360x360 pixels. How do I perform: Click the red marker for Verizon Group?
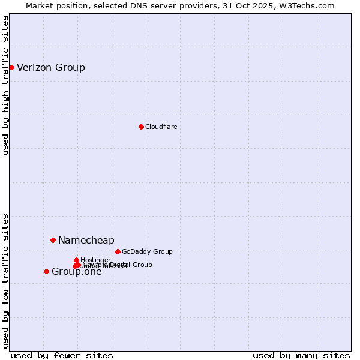[11, 67]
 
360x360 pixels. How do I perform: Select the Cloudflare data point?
[141, 127]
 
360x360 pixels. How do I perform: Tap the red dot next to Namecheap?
[53, 240]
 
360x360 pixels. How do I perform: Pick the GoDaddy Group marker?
[118, 251]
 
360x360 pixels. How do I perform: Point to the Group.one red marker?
[46, 271]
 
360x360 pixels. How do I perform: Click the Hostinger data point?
[76, 260]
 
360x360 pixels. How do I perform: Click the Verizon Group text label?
[51, 67]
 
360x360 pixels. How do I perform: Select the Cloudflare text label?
[161, 127]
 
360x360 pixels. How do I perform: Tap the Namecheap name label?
[86, 240]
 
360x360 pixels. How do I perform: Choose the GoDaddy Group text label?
[147, 251]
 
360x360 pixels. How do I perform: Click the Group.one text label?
[76, 272]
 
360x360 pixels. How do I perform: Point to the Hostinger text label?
[95, 260]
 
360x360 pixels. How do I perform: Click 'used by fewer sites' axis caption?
[62, 355]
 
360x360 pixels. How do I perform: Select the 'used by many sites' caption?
[301, 355]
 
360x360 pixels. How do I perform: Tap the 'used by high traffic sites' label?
[5, 85]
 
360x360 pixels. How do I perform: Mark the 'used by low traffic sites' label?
[5, 280]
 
